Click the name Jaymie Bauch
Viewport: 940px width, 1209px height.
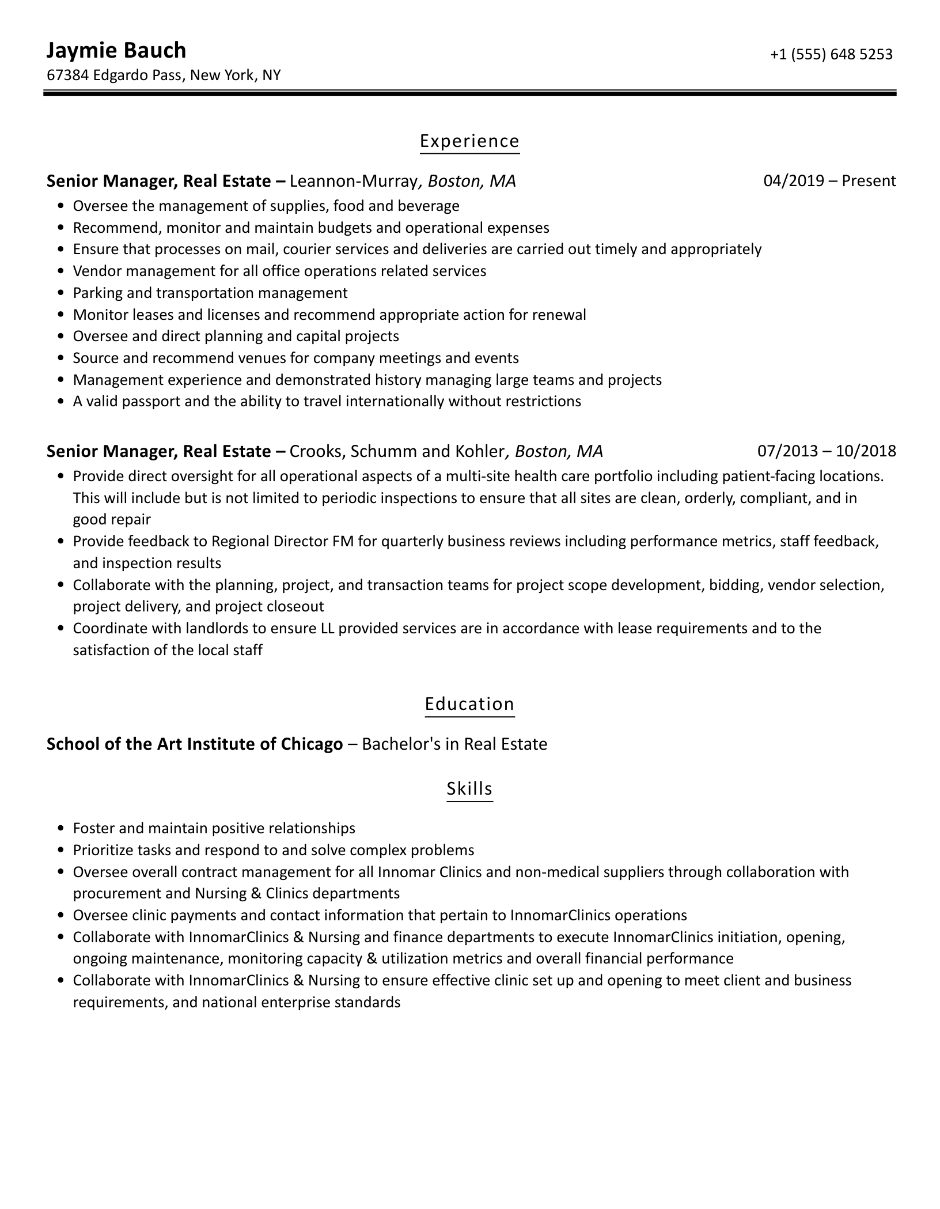(116, 51)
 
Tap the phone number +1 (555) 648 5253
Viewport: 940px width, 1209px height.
(831, 54)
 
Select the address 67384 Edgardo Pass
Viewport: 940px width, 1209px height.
(115, 75)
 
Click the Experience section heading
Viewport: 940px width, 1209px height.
(469, 141)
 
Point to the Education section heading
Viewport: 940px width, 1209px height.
(469, 704)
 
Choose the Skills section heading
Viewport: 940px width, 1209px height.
(469, 788)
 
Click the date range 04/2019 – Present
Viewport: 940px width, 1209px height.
(829, 181)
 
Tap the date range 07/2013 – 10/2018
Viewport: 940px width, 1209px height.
(827, 451)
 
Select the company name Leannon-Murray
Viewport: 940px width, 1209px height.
(353, 181)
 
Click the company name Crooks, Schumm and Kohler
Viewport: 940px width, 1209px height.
(397, 451)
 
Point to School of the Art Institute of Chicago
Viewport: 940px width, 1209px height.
(195, 744)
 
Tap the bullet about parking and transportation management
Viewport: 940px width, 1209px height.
(210, 293)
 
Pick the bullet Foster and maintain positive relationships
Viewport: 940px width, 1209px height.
(214, 828)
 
